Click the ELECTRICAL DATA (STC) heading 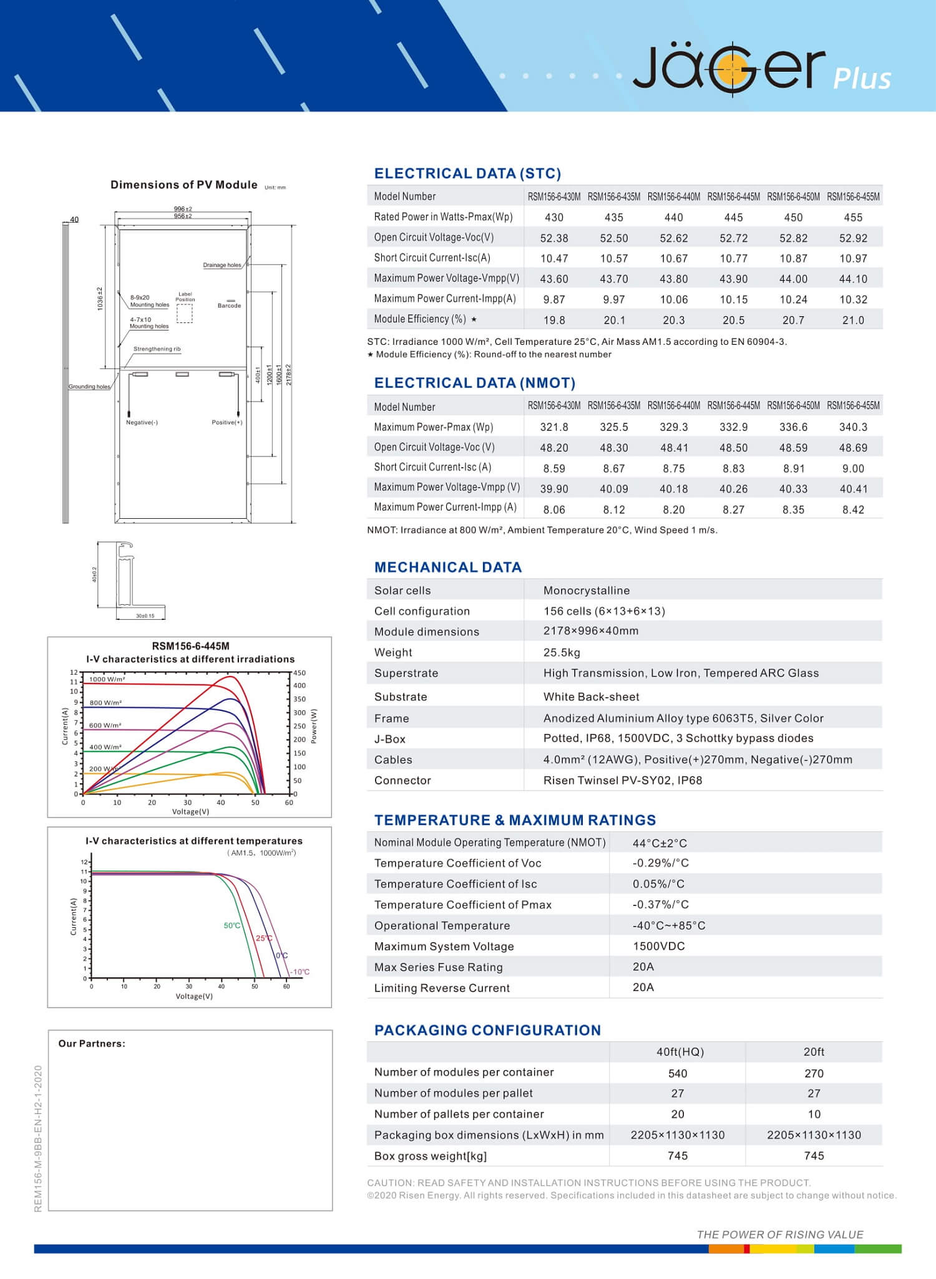tap(467, 173)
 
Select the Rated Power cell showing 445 tap(733, 218)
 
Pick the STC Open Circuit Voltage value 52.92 tap(852, 238)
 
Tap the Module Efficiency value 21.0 tap(852, 321)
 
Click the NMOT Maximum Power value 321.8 tap(553, 427)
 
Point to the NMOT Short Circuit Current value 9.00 tap(852, 468)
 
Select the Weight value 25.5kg tap(562, 652)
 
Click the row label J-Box tap(390, 739)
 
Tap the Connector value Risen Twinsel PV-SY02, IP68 tap(622, 780)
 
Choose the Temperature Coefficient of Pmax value tap(660, 904)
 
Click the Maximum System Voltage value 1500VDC tap(658, 946)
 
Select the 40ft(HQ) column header tap(680, 1052)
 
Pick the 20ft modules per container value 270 tap(813, 1073)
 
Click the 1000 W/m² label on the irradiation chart tap(107, 679)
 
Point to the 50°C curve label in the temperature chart tap(232, 925)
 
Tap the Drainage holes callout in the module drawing tap(222, 265)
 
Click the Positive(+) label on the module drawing tap(227, 423)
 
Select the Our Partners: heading tap(92, 1044)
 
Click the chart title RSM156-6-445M tap(190, 646)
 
